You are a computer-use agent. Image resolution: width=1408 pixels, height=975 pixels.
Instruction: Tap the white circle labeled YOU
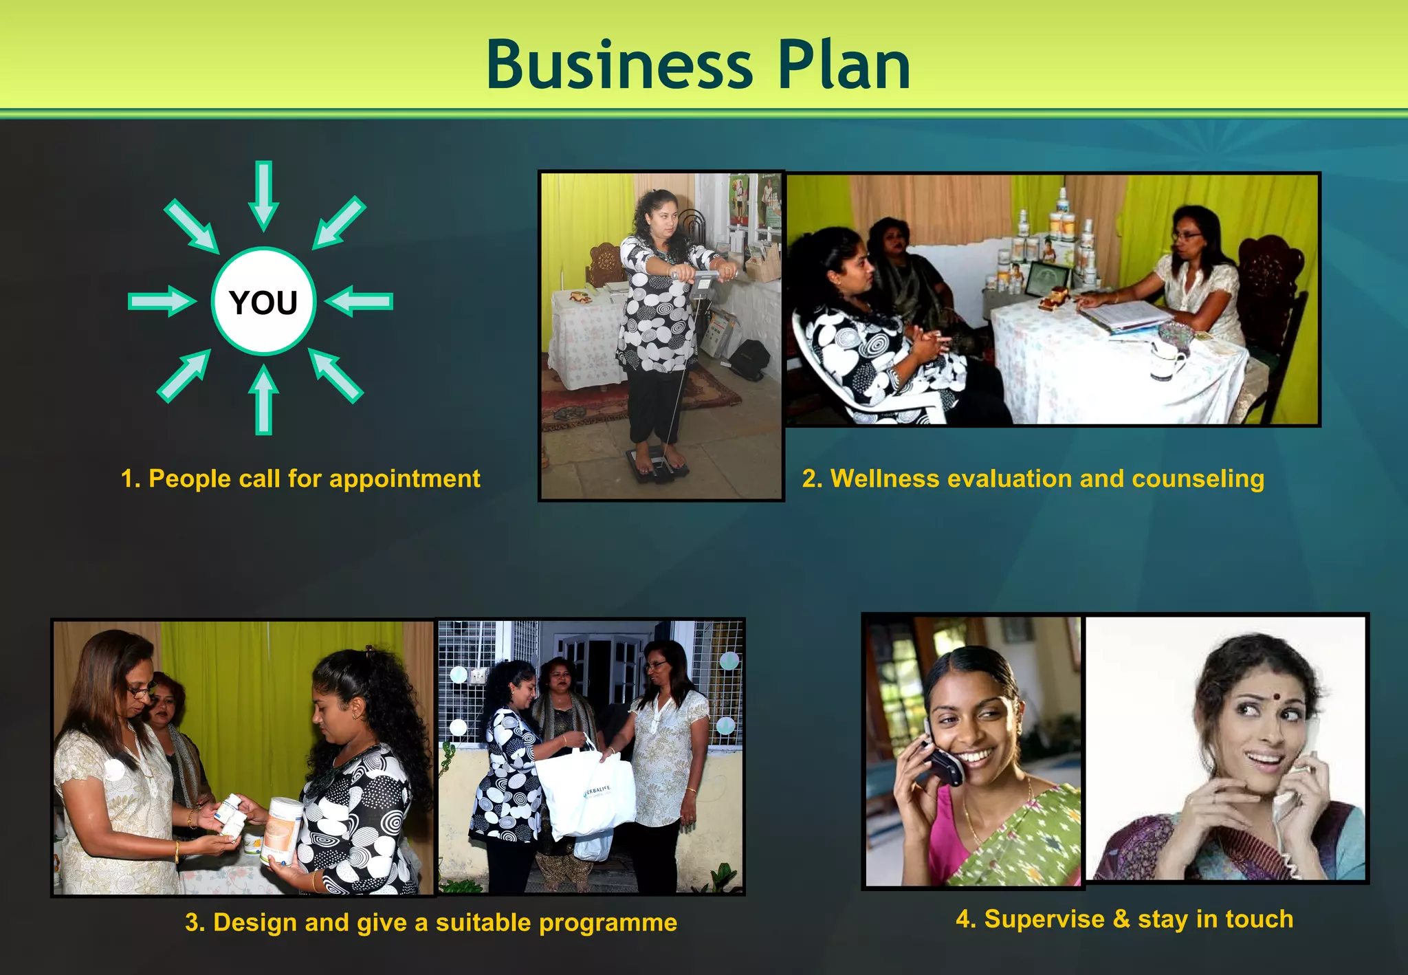pyautogui.click(x=263, y=302)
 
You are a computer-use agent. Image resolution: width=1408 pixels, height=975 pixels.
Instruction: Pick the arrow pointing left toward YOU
pyautogui.click(x=359, y=302)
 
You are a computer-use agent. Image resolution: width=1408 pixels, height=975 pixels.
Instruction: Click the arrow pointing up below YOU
pyautogui.click(x=263, y=400)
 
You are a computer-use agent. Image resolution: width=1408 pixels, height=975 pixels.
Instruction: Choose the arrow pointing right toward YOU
pyautogui.click(x=162, y=302)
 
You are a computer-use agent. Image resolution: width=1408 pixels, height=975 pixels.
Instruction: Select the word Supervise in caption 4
pyautogui.click(x=1044, y=919)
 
